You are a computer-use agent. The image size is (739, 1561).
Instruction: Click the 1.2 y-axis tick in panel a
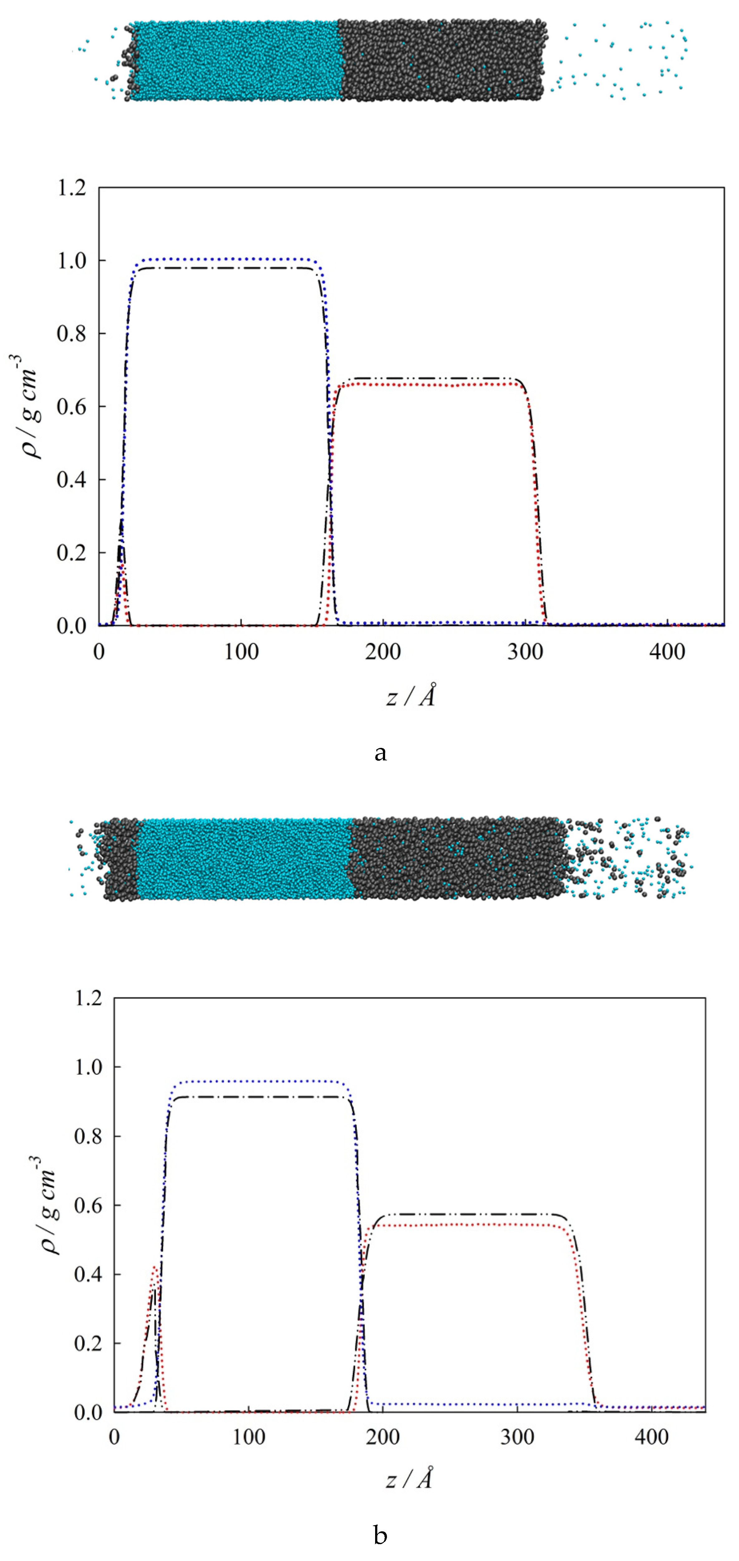[x=71, y=188]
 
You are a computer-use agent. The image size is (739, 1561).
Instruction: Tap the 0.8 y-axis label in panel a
[x=71, y=334]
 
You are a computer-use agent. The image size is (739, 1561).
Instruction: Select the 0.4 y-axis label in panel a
[x=71, y=480]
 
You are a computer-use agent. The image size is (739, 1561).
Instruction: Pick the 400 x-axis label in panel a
[x=667, y=652]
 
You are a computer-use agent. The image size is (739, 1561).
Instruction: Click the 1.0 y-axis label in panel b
[x=89, y=1067]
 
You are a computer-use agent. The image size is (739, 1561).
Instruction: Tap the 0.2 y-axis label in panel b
[x=89, y=1343]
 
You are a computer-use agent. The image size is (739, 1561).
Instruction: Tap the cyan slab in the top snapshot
[x=236, y=61]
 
